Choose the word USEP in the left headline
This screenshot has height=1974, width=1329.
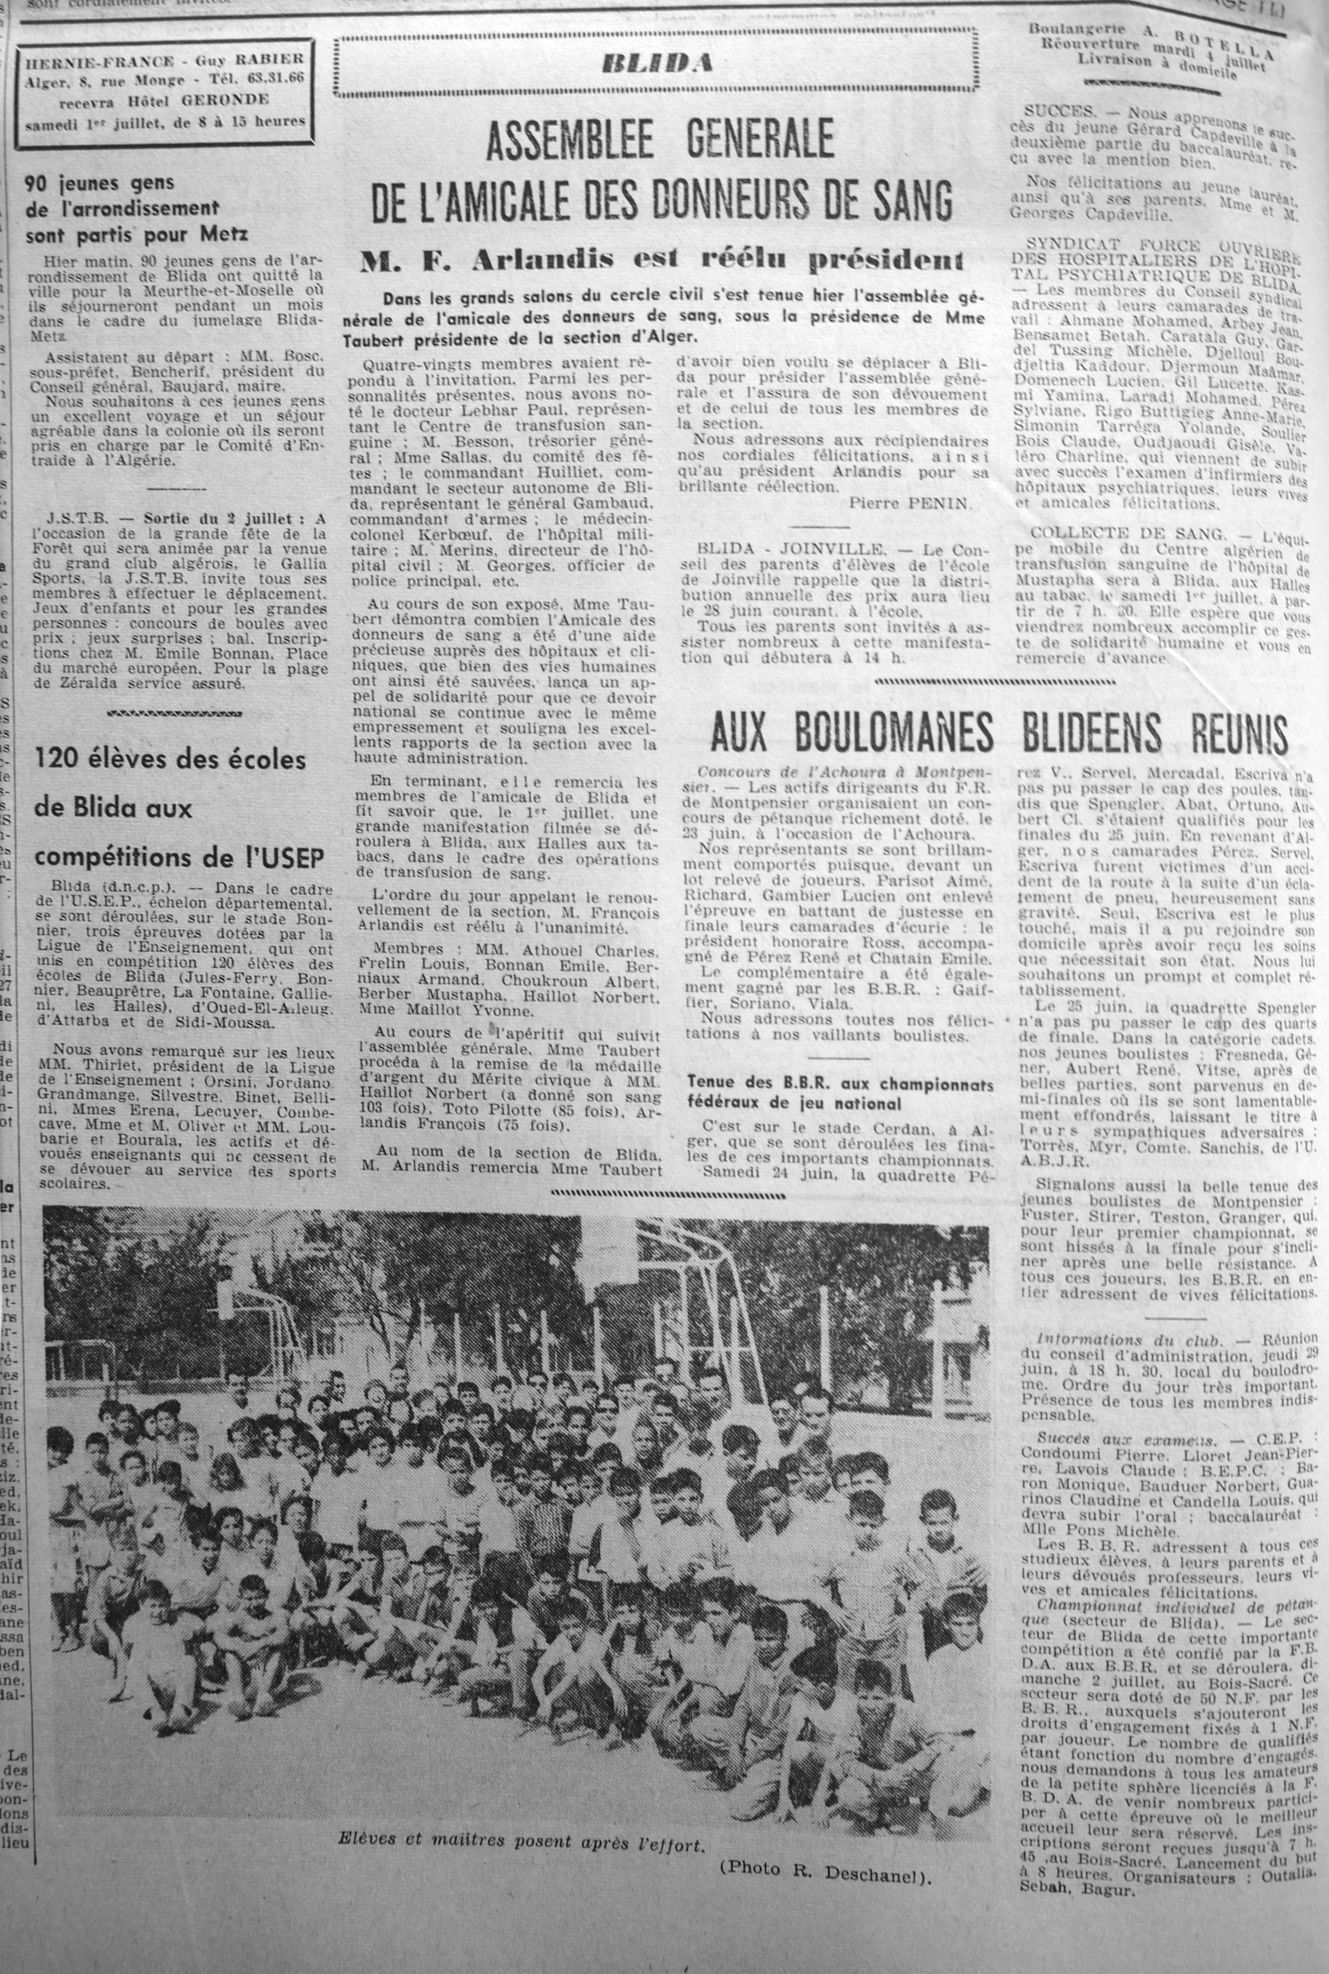(297, 858)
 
